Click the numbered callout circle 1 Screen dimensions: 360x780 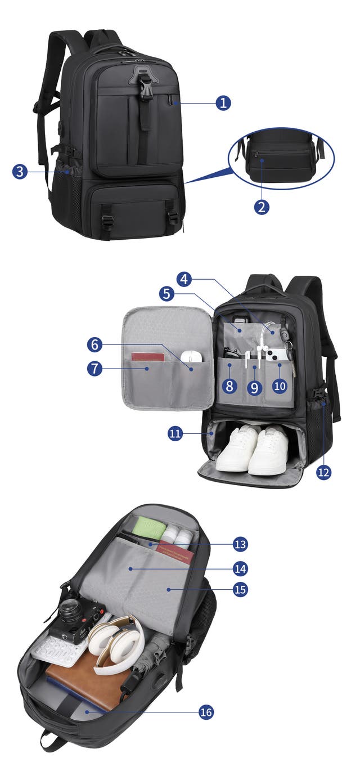click(x=223, y=103)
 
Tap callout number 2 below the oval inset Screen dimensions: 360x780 click(x=262, y=207)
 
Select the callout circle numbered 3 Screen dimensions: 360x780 click(x=20, y=171)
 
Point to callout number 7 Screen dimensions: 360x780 click(x=94, y=369)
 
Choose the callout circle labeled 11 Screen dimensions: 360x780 click(x=175, y=433)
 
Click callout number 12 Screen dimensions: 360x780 click(x=323, y=472)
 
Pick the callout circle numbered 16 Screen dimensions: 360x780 click(x=206, y=712)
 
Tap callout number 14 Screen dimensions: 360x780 click(x=240, y=568)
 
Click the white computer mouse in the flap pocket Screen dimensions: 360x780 click(x=192, y=356)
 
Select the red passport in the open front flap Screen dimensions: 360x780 click(x=147, y=357)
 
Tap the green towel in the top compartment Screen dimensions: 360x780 click(x=149, y=527)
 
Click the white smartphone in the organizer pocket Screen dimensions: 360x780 click(x=277, y=355)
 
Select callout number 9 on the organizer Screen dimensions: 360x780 click(x=254, y=387)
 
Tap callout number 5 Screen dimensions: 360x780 click(x=166, y=294)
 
